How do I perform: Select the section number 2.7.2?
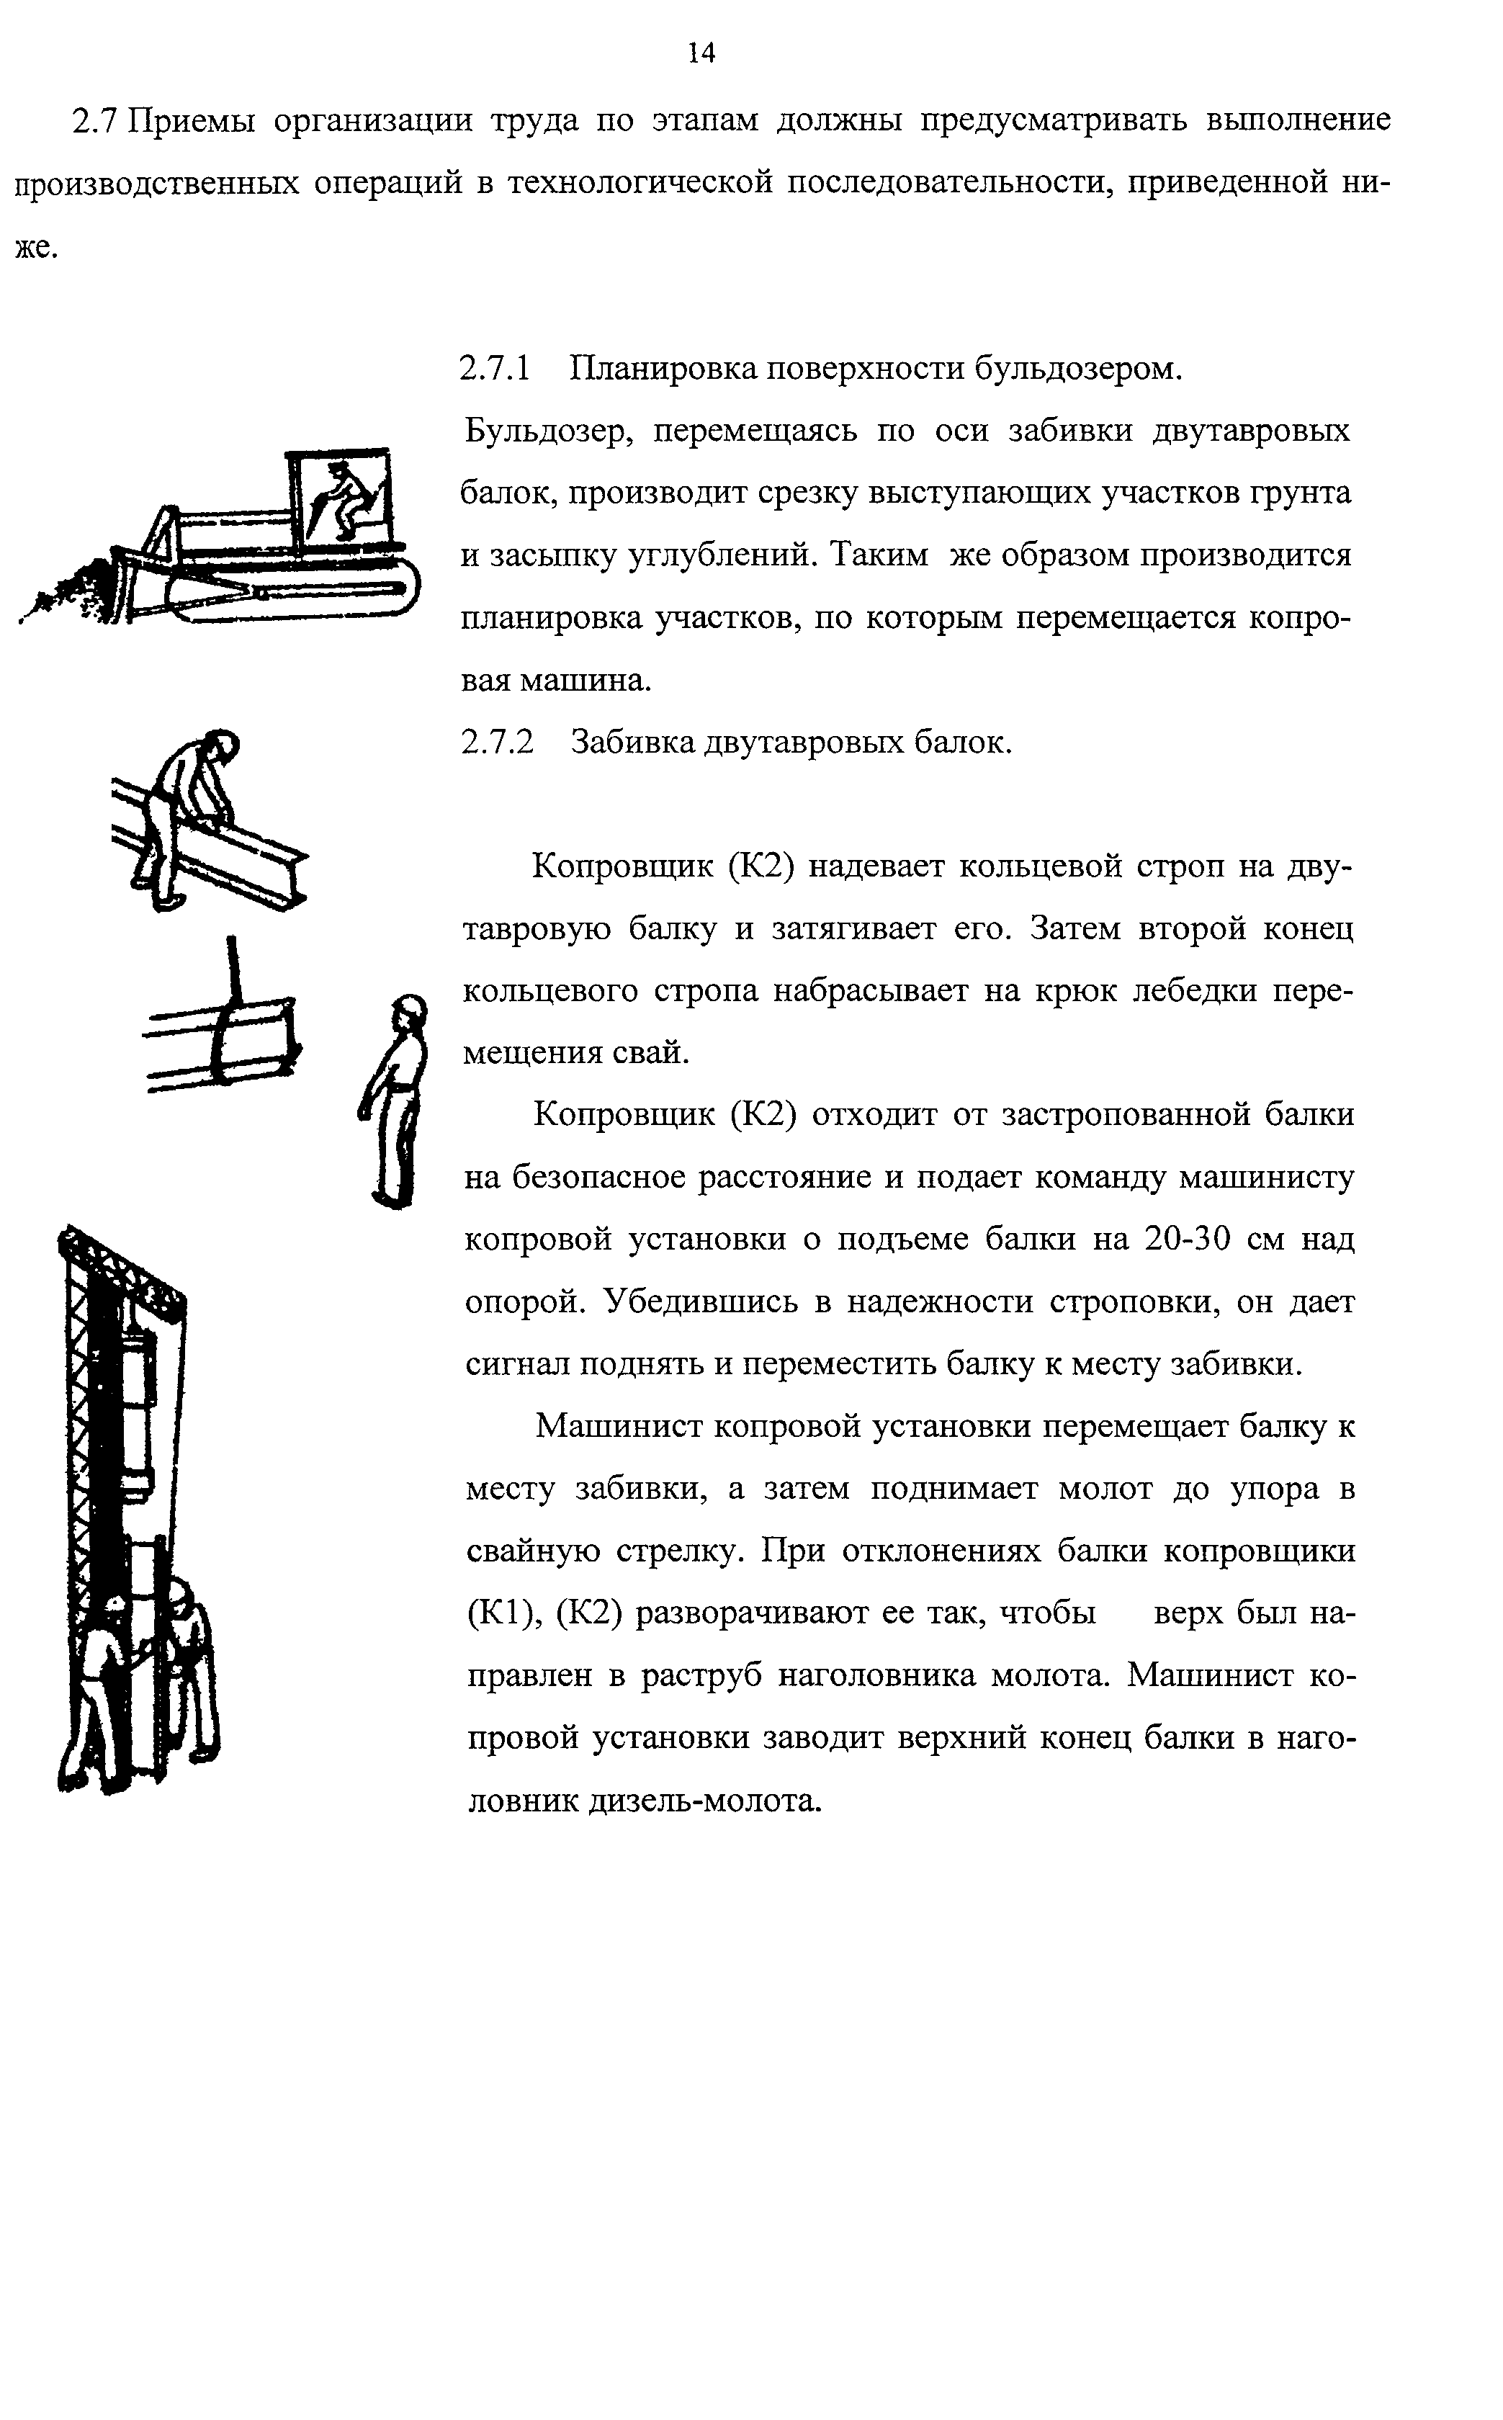497,741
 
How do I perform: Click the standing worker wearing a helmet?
398,1103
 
